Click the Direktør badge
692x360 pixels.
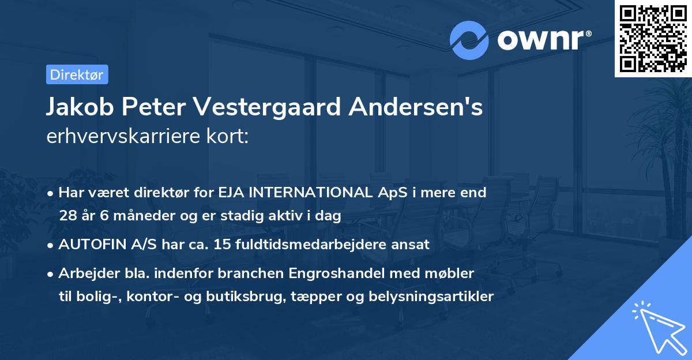point(77,74)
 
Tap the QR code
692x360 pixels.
point(653,39)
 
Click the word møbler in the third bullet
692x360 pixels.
point(452,272)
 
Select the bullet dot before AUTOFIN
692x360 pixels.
point(51,245)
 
